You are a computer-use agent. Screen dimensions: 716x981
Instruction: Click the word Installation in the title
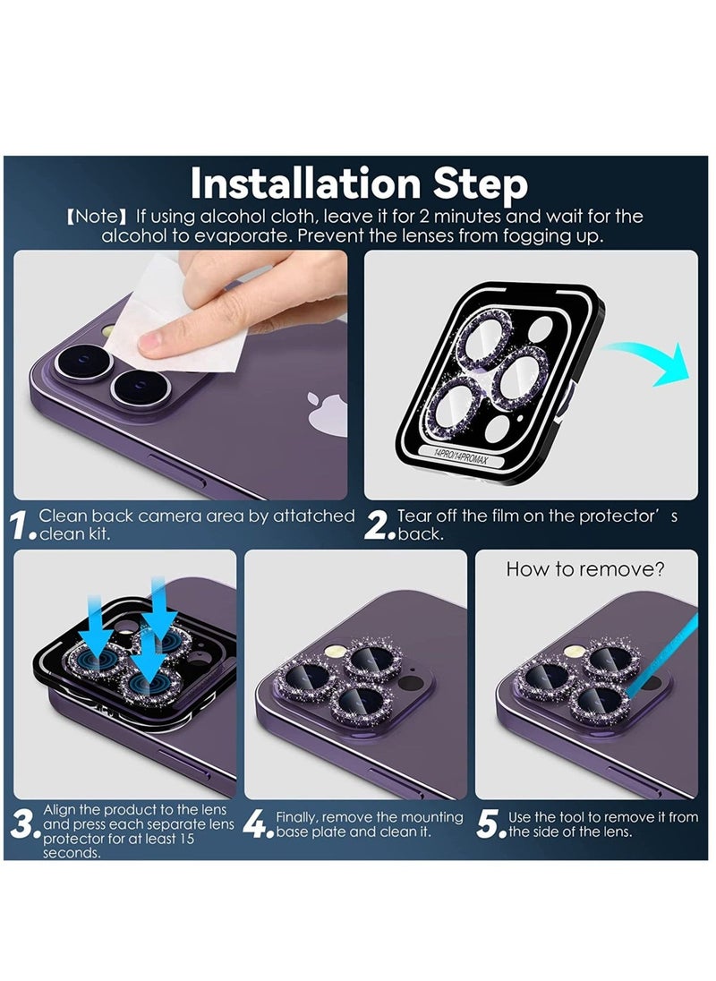pos(305,183)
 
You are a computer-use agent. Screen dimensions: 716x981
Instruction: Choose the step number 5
pos(489,824)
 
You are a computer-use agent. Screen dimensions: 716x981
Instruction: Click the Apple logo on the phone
pos(328,413)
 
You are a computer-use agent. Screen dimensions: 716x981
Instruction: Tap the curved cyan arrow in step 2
pos(651,360)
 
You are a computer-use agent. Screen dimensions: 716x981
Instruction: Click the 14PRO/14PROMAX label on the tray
pos(460,456)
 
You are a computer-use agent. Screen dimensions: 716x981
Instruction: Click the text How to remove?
pos(585,569)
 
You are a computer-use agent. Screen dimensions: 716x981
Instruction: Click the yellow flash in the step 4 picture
pos(332,652)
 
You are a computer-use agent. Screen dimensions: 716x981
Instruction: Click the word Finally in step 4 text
pos(297,818)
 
